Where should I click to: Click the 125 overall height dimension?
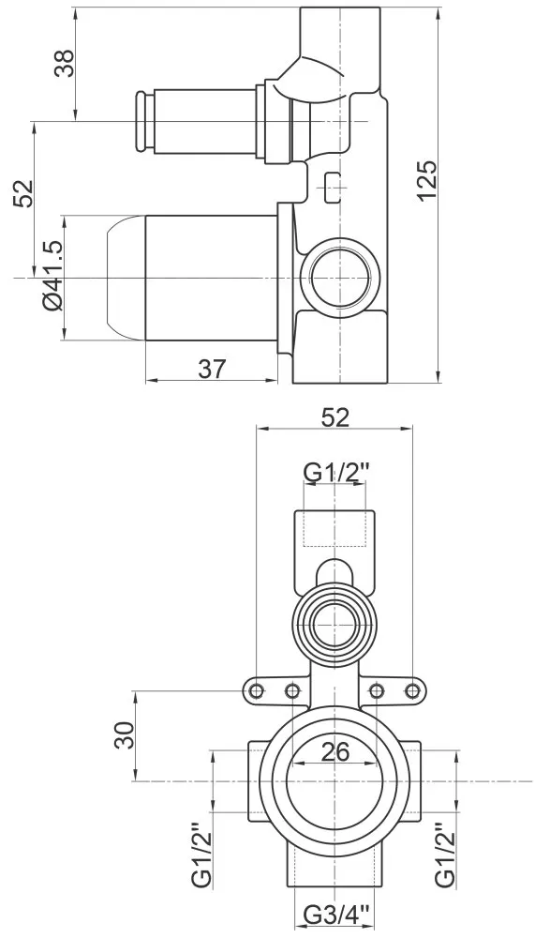pos(428,181)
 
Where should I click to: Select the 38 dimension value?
pos(65,63)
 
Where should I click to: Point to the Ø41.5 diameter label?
pos(52,276)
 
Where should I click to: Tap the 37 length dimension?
pos(212,369)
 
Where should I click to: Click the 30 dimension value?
pos(126,734)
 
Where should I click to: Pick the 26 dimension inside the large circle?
pos(334,752)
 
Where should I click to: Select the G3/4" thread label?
pos(336,915)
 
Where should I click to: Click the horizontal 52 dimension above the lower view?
pos(334,417)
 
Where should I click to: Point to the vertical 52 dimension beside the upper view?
pos(22,192)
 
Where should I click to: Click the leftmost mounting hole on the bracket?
pos(257,691)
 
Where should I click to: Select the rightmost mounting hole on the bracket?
pos(412,691)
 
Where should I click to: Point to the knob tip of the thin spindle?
pos(141,121)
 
